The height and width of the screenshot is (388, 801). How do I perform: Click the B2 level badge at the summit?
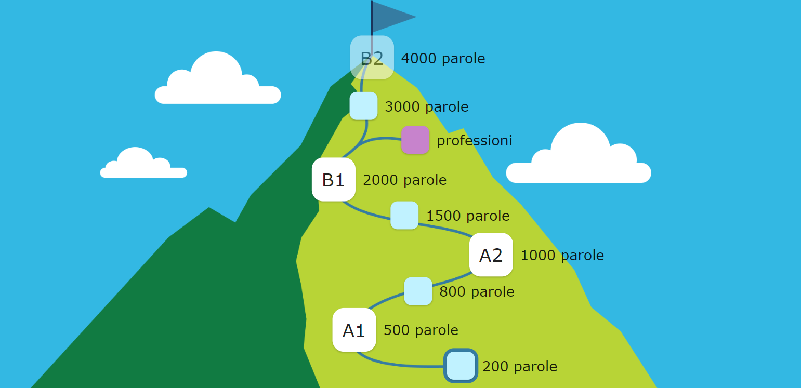point(372,58)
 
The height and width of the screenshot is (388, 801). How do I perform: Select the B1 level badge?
point(333,180)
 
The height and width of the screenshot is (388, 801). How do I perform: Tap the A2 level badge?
point(491,255)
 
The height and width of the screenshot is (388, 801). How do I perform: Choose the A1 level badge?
point(354,330)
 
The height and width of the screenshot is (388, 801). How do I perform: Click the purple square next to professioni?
point(415,140)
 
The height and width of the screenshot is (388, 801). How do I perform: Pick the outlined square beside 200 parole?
point(461,366)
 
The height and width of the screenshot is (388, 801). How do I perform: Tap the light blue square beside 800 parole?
point(418,291)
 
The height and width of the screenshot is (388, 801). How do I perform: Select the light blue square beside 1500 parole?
point(404,215)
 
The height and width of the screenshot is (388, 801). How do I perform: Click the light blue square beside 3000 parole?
point(363,106)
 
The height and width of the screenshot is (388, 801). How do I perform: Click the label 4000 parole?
point(443,59)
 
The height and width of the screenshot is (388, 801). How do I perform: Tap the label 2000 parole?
point(404,180)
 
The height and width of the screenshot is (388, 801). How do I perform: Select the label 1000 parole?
point(562,256)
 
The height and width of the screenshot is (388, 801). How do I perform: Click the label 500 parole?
point(421,330)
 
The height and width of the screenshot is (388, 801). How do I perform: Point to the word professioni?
point(474,141)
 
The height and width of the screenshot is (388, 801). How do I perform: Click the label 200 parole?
point(519,367)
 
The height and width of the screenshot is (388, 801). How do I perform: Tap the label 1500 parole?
point(468,216)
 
